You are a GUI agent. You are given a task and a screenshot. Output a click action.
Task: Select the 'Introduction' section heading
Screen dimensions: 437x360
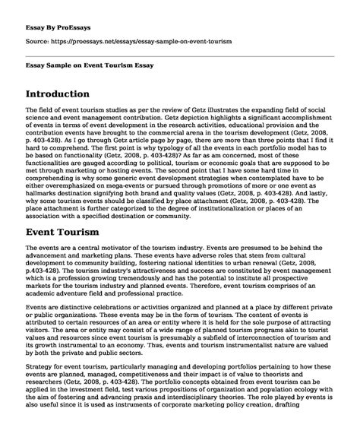pos(69,94)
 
